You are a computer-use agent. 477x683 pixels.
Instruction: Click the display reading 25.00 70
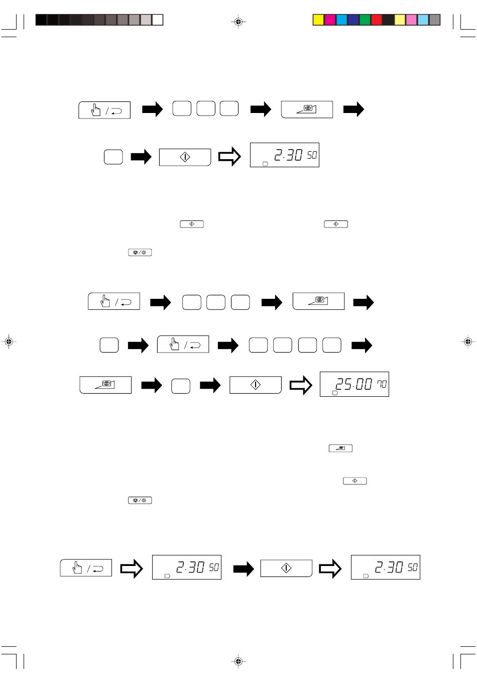[354, 384]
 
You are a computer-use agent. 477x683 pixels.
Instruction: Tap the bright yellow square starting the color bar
[318, 20]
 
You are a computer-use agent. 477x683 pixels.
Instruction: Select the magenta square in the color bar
[330, 20]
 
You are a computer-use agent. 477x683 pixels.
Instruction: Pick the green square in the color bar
[365, 20]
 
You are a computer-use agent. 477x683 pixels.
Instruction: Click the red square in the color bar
[377, 20]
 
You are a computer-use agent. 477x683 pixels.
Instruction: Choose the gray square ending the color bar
[435, 20]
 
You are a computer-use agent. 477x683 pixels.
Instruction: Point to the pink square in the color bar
[411, 20]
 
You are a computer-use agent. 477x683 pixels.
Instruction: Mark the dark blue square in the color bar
[353, 20]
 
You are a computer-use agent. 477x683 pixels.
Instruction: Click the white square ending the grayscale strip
[158, 20]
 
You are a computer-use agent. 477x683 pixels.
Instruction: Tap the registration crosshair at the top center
[238, 22]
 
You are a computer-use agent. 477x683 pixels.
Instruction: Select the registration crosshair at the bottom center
[238, 661]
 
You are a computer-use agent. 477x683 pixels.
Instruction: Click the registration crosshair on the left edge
[9, 341]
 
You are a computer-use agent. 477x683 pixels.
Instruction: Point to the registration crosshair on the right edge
[467, 341]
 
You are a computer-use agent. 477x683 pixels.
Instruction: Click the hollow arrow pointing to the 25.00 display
[301, 385]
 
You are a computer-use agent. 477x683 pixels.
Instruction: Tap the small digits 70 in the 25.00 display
[382, 384]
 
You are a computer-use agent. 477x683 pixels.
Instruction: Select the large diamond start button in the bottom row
[286, 568]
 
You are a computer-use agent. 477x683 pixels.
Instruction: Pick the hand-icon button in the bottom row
[86, 568]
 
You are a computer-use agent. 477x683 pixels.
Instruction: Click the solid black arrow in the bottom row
[244, 568]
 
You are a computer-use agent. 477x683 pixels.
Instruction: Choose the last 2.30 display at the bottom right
[385, 567]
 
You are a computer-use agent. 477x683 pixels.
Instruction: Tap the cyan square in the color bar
[341, 20]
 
